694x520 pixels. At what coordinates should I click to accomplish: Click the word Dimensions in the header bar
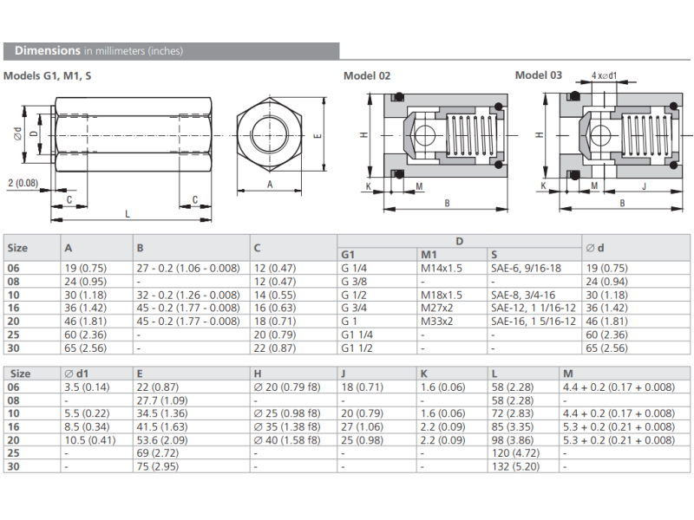(x=48, y=51)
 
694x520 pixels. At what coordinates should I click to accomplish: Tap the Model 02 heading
(x=367, y=76)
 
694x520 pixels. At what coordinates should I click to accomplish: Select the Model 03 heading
(x=538, y=75)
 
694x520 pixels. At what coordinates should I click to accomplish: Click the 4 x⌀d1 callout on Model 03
(x=604, y=75)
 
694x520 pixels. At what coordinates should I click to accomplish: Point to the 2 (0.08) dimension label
(x=23, y=183)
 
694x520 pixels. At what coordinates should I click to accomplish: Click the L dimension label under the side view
(x=128, y=214)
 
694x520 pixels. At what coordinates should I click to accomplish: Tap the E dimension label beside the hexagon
(x=318, y=135)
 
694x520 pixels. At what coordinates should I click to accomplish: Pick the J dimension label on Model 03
(x=644, y=186)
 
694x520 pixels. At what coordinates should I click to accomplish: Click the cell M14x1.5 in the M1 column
(x=442, y=268)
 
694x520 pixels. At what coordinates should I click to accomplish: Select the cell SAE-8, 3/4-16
(x=523, y=295)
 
